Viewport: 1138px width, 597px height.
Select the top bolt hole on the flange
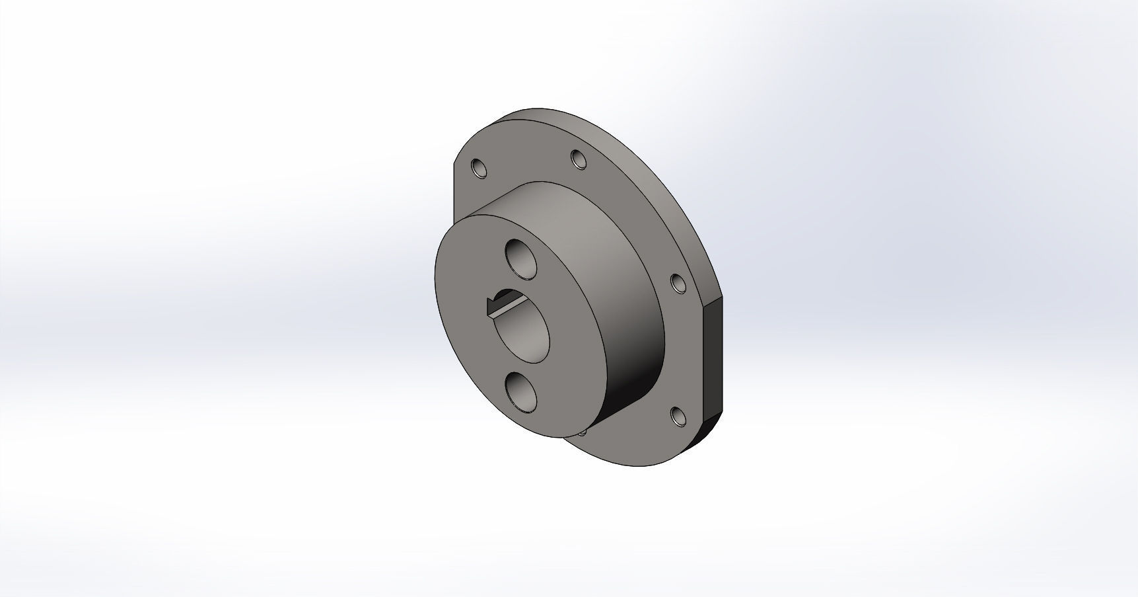tap(579, 159)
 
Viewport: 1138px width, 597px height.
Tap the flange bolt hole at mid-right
tap(678, 283)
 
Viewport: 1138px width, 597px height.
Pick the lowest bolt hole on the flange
tap(677, 416)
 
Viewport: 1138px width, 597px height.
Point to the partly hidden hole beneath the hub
tap(583, 432)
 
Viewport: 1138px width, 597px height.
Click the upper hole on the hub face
tap(521, 259)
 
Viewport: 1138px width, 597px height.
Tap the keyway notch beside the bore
tap(492, 305)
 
